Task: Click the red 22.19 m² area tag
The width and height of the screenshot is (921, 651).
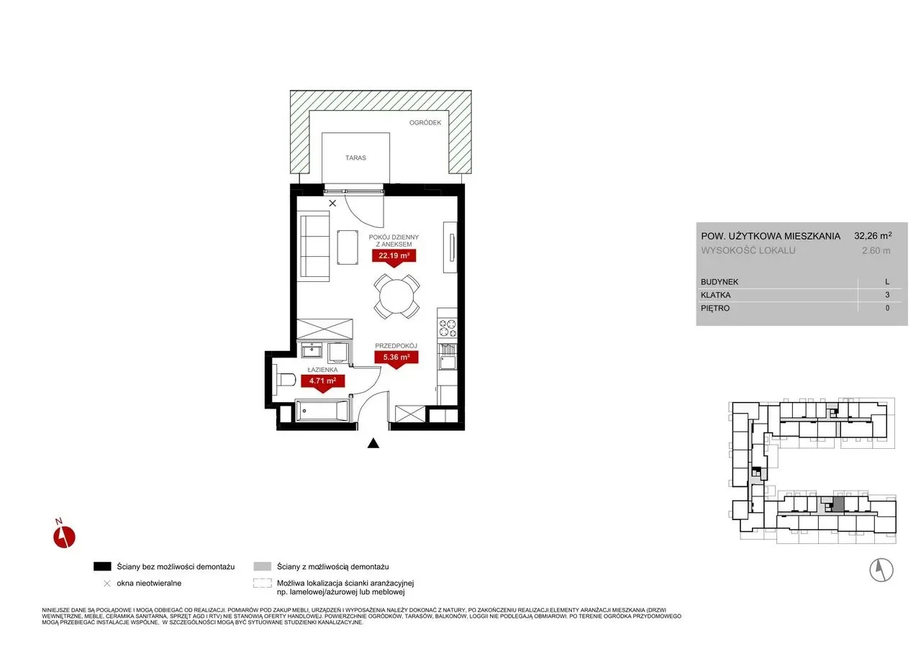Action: point(394,257)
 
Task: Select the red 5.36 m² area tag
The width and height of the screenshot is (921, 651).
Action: point(396,358)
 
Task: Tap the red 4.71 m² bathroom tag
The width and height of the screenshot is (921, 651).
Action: point(323,382)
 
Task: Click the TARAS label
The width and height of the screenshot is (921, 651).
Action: point(355,158)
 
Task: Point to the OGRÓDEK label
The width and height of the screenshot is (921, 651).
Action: point(425,122)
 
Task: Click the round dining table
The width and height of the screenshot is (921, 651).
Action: point(396,296)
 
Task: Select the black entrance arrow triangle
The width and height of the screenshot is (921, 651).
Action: point(373,443)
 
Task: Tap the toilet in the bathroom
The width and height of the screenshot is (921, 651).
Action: point(283,380)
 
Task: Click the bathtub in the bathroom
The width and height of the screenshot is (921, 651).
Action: point(322,411)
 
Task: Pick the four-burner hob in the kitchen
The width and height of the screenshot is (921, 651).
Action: point(448,328)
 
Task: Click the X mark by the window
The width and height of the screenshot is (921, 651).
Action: point(332,203)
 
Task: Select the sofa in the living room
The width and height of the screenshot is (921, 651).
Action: point(313,247)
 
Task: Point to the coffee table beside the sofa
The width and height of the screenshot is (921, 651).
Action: point(348,247)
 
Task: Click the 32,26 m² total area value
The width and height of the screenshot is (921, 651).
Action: point(873,235)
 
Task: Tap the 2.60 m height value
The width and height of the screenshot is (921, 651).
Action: point(876,251)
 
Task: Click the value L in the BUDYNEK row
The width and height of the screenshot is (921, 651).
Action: point(887,282)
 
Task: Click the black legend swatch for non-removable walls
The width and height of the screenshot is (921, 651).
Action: point(102,566)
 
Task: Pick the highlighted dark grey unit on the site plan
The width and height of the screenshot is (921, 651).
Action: point(838,504)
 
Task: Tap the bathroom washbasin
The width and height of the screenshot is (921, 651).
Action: point(312,350)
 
